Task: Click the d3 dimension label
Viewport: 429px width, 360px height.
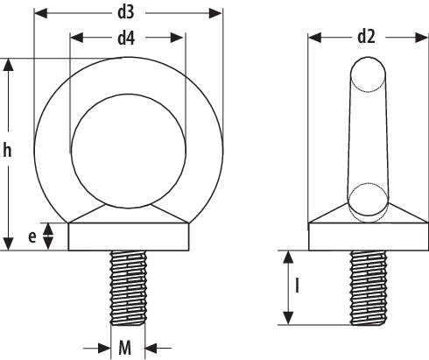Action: click(x=128, y=12)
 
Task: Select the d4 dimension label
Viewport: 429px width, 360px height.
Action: click(x=128, y=39)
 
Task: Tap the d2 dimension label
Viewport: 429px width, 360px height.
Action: click(x=366, y=37)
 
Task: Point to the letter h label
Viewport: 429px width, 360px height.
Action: click(x=8, y=152)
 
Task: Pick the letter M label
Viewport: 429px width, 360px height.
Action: click(x=125, y=348)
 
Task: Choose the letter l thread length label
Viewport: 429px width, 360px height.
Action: click(x=299, y=286)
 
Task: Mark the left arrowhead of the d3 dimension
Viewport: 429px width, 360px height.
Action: click(x=39, y=13)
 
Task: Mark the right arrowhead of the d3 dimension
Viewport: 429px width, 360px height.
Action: click(x=217, y=13)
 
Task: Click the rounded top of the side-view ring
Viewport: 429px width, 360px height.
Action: click(x=366, y=72)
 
